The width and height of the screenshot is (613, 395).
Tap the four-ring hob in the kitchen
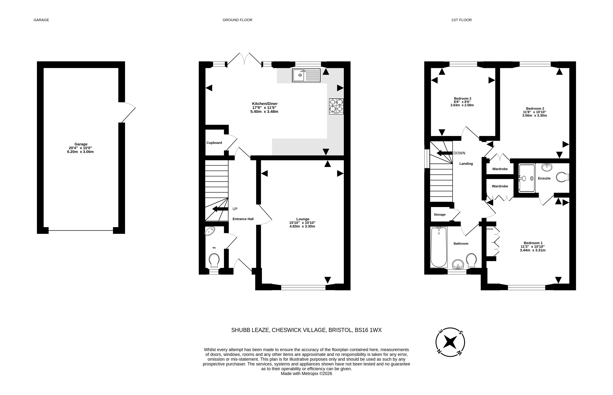click(336, 106)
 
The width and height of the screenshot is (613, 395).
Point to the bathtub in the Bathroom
click(439, 247)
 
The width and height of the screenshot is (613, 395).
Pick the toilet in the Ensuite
click(563, 177)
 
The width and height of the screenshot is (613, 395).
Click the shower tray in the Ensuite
click(527, 178)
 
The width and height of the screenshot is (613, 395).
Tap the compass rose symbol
click(450, 342)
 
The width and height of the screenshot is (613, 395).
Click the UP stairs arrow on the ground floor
click(220, 209)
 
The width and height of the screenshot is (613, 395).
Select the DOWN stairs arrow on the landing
click(444, 153)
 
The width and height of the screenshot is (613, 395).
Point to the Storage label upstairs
click(440, 214)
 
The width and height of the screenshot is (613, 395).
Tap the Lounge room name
click(303, 219)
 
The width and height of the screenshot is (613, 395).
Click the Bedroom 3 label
click(462, 99)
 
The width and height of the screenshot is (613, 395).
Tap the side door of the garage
click(127, 112)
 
